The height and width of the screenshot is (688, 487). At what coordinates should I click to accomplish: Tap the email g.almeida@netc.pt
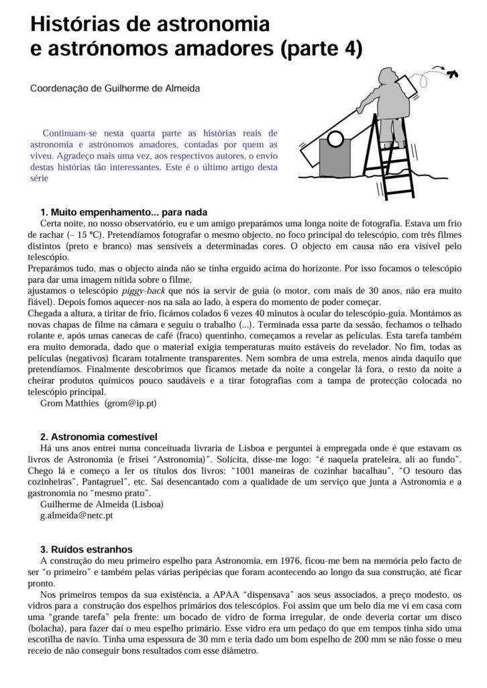(x=76, y=516)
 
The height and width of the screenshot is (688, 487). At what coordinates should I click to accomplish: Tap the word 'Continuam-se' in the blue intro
(x=71, y=133)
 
